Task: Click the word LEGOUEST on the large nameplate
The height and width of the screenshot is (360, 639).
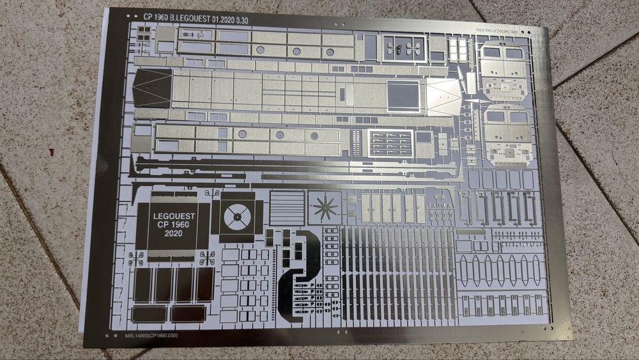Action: (x=173, y=216)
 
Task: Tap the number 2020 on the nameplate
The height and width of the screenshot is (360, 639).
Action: (x=173, y=234)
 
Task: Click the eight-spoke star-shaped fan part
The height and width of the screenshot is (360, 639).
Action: (x=325, y=207)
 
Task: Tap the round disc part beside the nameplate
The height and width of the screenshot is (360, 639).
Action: (x=237, y=218)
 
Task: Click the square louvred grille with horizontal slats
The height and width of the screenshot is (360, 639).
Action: (x=287, y=207)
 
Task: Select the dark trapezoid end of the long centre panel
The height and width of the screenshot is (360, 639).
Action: (x=151, y=88)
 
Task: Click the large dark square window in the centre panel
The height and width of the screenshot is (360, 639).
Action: (x=404, y=95)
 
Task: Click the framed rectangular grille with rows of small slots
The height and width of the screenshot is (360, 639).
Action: (x=391, y=143)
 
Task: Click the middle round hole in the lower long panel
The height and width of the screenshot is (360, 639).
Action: (x=279, y=135)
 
